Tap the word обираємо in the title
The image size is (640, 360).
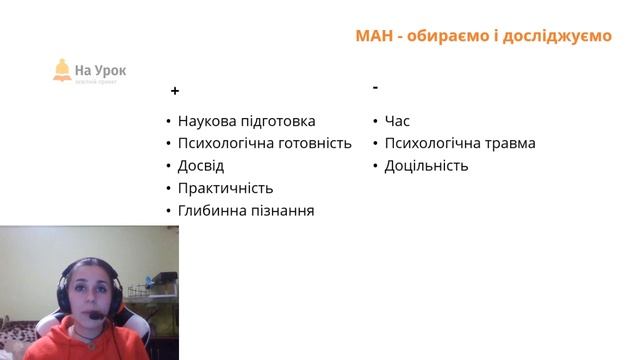coord(451,36)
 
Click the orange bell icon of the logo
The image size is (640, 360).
coord(63,69)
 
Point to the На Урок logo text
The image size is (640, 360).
coord(101,71)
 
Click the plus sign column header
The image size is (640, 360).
coord(175,91)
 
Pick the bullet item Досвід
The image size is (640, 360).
coord(201,166)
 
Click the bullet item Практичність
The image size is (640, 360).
coord(225,188)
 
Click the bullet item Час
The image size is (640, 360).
coord(397,121)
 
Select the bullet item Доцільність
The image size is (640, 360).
coord(426,166)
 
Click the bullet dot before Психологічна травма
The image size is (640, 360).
coord(375,144)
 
